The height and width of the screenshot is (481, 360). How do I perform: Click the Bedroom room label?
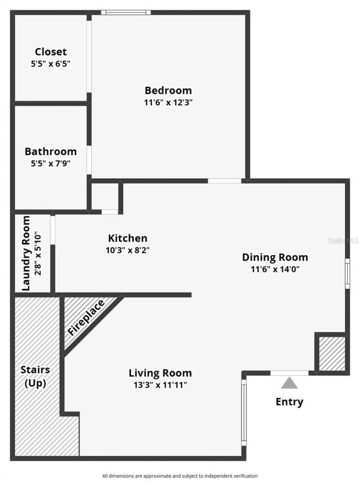pyautogui.click(x=168, y=90)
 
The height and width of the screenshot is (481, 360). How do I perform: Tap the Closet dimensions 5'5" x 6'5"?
pyautogui.click(x=50, y=64)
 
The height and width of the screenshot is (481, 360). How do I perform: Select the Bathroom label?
pyautogui.click(x=50, y=151)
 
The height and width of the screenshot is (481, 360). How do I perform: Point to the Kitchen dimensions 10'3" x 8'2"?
pyautogui.click(x=128, y=250)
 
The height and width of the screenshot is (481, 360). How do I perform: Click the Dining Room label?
pyautogui.click(x=275, y=257)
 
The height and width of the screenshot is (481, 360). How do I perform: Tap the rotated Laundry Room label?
pyautogui.click(x=26, y=253)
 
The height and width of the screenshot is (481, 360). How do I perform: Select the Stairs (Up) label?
pyautogui.click(x=35, y=377)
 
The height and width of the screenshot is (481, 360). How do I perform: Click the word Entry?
pyautogui.click(x=289, y=402)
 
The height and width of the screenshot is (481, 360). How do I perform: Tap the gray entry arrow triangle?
pyautogui.click(x=289, y=383)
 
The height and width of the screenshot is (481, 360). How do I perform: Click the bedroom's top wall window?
pyautogui.click(x=126, y=13)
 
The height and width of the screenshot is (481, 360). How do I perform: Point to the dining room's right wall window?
pyautogui.click(x=347, y=273)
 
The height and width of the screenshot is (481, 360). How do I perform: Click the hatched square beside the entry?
pyautogui.click(x=332, y=354)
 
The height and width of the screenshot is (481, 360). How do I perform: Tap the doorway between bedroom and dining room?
pyautogui.click(x=225, y=181)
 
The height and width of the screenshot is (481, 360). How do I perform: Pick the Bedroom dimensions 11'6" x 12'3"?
pyautogui.click(x=168, y=102)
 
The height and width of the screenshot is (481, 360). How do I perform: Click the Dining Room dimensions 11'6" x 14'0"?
pyautogui.click(x=275, y=269)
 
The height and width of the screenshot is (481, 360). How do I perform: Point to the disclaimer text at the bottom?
pyautogui.click(x=180, y=476)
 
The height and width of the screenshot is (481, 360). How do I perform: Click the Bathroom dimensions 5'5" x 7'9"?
pyautogui.click(x=50, y=163)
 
